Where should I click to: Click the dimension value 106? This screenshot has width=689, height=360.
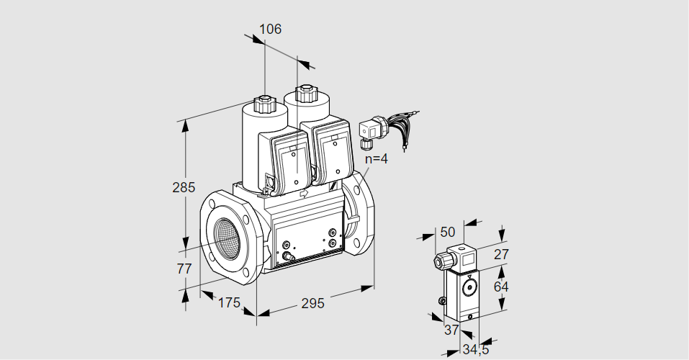pyautogui.click(x=270, y=30)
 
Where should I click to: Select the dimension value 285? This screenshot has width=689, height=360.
pyautogui.click(x=184, y=188)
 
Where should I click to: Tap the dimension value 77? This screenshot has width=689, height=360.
pyautogui.click(x=184, y=269)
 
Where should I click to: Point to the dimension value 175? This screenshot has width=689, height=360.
pyautogui.click(x=228, y=302)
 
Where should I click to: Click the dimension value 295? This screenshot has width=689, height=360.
pyautogui.click(x=312, y=303)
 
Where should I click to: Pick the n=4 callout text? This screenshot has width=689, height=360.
pyautogui.click(x=376, y=159)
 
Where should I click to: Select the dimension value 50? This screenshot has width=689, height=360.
pyautogui.click(x=448, y=232)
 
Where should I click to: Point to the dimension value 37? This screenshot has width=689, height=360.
pyautogui.click(x=451, y=330)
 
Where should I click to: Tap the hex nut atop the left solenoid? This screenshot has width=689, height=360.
pyautogui.click(x=265, y=103)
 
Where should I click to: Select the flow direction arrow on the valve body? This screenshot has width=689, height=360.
pyautogui.click(x=303, y=193)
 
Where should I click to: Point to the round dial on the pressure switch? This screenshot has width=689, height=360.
pyautogui.click(x=470, y=289)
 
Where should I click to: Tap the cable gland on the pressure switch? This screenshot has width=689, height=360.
pyautogui.click(x=438, y=260)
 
